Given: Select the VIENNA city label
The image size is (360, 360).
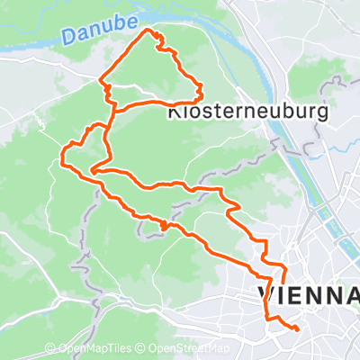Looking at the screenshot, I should pyautogui.click(x=309, y=294).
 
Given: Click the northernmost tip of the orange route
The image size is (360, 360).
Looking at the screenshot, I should pyautogui.click(x=150, y=31).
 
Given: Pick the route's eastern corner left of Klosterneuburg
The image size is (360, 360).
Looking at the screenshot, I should pyautogui.click(x=199, y=90).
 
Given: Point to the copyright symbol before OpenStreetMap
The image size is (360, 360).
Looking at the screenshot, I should pyautogui.click(x=144, y=349).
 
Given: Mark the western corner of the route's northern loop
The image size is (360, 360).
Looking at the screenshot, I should pyautogui.click(x=101, y=87).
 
